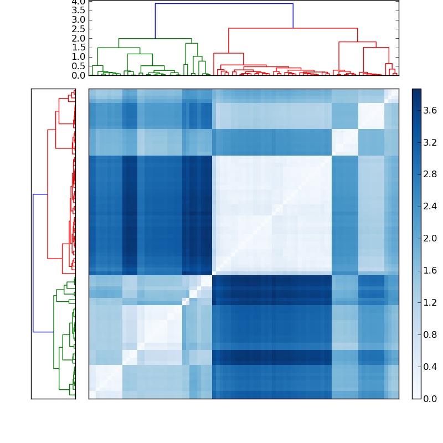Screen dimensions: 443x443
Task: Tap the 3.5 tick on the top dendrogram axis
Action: [79, 11]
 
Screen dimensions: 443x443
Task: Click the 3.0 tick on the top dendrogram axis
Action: [79, 20]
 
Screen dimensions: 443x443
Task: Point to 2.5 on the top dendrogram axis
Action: [79, 29]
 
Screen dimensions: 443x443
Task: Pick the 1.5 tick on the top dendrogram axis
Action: [79, 48]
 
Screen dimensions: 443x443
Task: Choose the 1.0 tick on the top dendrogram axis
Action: [79, 57]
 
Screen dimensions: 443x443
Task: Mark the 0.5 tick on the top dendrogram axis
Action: [79, 66]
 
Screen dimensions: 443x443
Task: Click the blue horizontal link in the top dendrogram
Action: [224, 4]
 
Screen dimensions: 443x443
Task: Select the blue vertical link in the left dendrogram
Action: [33, 263]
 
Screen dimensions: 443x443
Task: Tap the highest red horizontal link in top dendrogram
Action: [293, 28]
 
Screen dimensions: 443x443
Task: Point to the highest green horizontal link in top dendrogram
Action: [155, 39]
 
